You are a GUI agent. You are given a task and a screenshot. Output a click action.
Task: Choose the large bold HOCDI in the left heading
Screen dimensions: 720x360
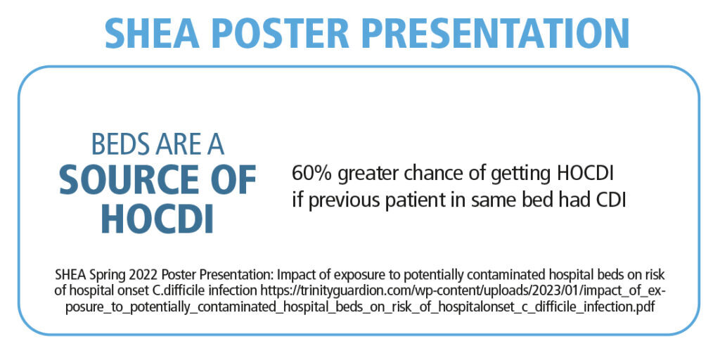[157, 219]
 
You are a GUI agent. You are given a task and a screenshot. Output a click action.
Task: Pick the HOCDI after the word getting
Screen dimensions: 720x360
[586, 174]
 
